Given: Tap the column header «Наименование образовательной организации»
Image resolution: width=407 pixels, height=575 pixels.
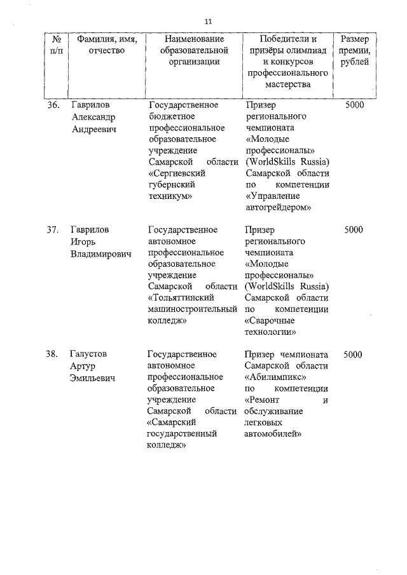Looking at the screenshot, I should (195, 50).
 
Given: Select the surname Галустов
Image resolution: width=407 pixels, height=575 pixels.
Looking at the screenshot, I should (93, 354).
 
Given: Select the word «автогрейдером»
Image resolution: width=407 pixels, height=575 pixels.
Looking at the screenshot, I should (277, 207).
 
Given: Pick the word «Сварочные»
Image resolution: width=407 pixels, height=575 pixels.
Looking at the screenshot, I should (270, 321).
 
